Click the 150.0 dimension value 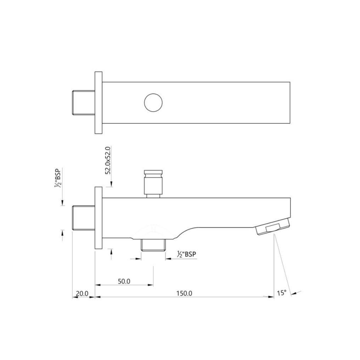184,293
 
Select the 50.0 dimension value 124,281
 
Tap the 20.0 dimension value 81,293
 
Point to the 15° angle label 282,293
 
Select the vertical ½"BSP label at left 57,179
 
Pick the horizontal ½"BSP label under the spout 186,254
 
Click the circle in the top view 153,103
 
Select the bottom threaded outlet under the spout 153,245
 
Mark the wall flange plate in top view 99,103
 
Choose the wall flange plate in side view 99,218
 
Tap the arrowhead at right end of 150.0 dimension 271,297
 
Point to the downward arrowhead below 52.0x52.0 111,184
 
